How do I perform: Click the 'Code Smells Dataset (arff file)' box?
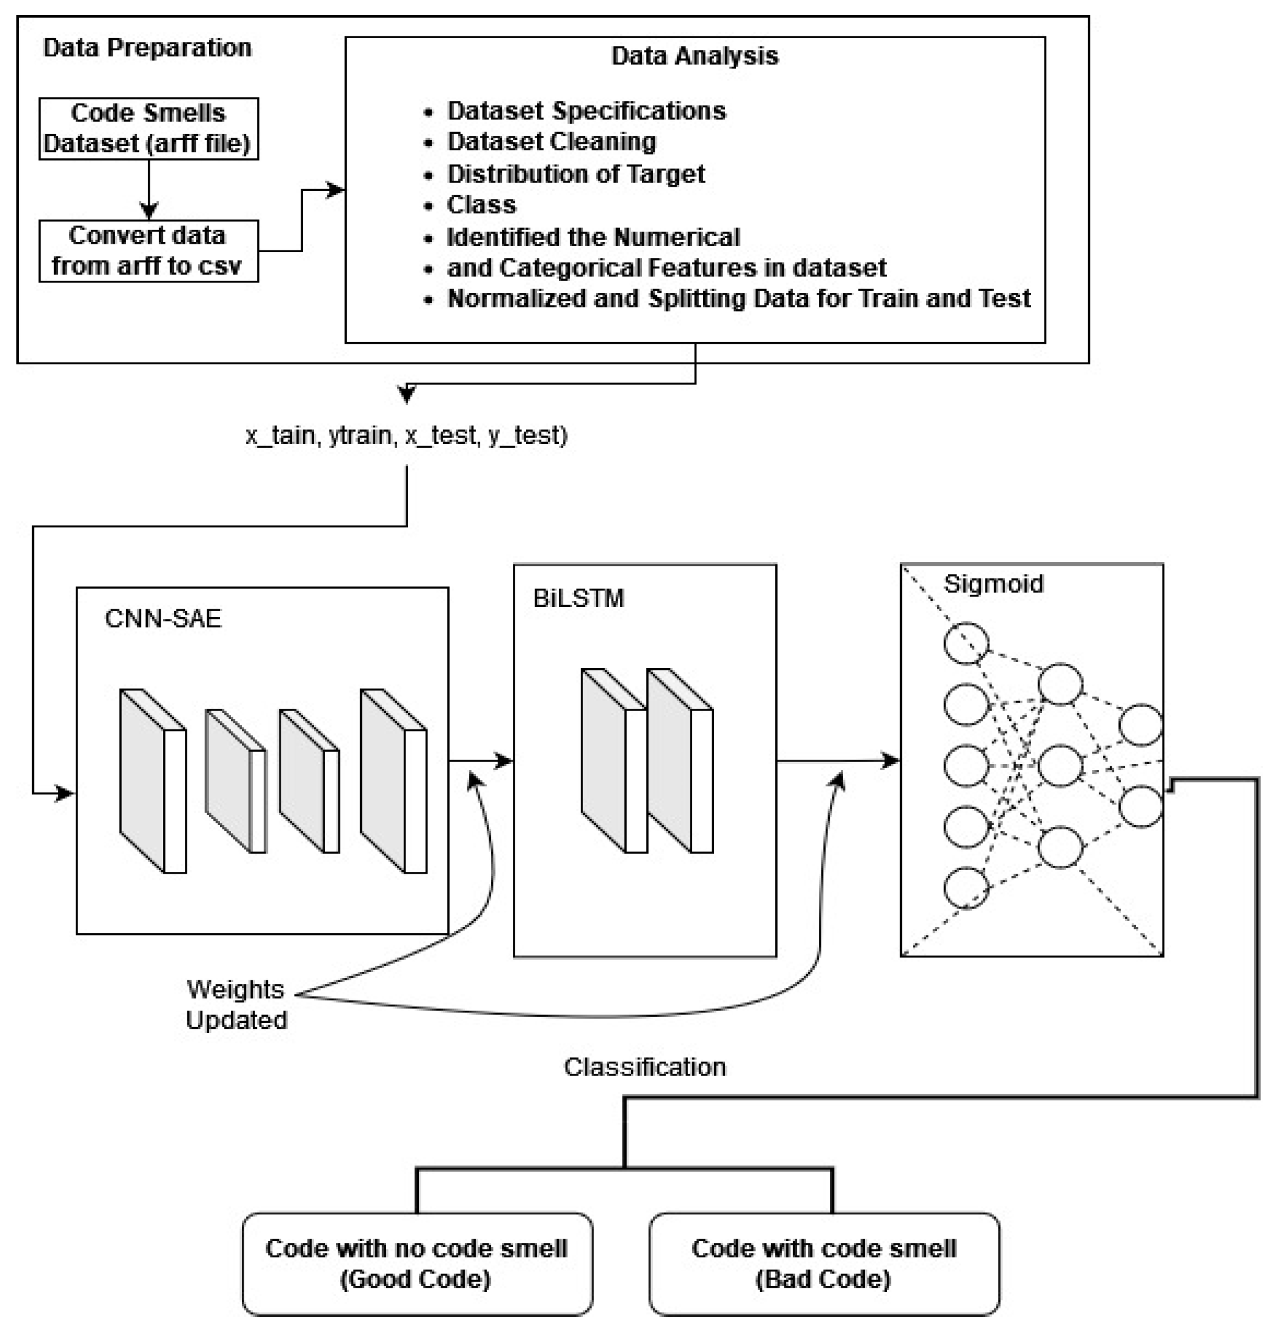[x=148, y=129]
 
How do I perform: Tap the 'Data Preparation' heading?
[x=147, y=47]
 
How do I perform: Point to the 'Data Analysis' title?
[x=695, y=56]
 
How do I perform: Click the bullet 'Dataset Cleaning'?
[x=551, y=141]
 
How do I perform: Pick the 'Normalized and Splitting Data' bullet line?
[x=739, y=298]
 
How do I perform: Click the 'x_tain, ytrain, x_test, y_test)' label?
[x=406, y=435]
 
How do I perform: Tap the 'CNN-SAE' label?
[x=163, y=618]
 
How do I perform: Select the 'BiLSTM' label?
[x=578, y=598]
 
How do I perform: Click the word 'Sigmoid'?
[x=993, y=584]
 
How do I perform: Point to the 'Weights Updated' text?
[x=236, y=1005]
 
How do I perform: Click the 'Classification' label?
[x=644, y=1067]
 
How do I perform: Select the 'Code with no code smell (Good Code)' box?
[x=416, y=1263]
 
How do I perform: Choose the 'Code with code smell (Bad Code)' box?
[x=824, y=1263]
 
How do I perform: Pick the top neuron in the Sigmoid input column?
[x=966, y=643]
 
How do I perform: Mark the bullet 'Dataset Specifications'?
[x=586, y=111]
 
